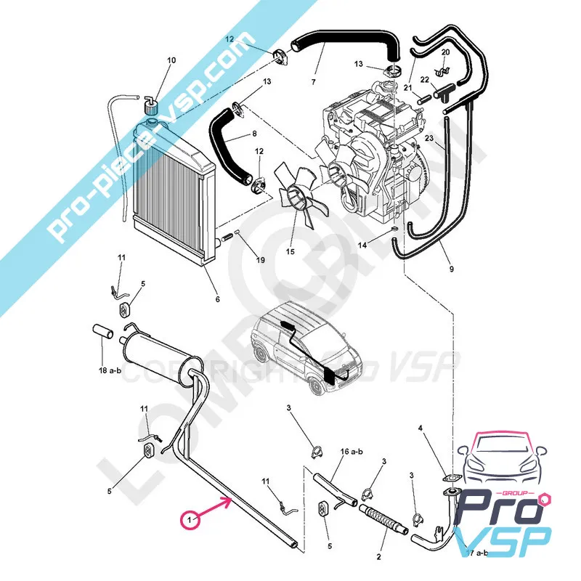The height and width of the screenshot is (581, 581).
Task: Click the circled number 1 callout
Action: pos(190,520)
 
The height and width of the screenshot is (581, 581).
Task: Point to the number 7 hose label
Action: pos(313,82)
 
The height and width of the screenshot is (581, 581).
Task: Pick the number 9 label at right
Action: pos(451,269)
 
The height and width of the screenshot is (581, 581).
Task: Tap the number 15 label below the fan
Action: pos(290,252)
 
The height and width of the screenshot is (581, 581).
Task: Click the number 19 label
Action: pos(260,260)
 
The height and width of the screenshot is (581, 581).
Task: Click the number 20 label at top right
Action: pos(445,52)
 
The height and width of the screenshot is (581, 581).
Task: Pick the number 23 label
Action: pos(428,139)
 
